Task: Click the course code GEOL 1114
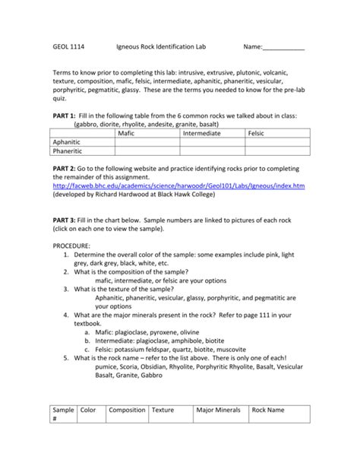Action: point(68,46)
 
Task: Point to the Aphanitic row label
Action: point(71,141)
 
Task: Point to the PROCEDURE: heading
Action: point(71,246)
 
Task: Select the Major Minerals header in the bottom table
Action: point(219,411)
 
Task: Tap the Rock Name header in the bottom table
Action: point(269,411)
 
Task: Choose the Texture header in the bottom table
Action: point(163,411)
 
